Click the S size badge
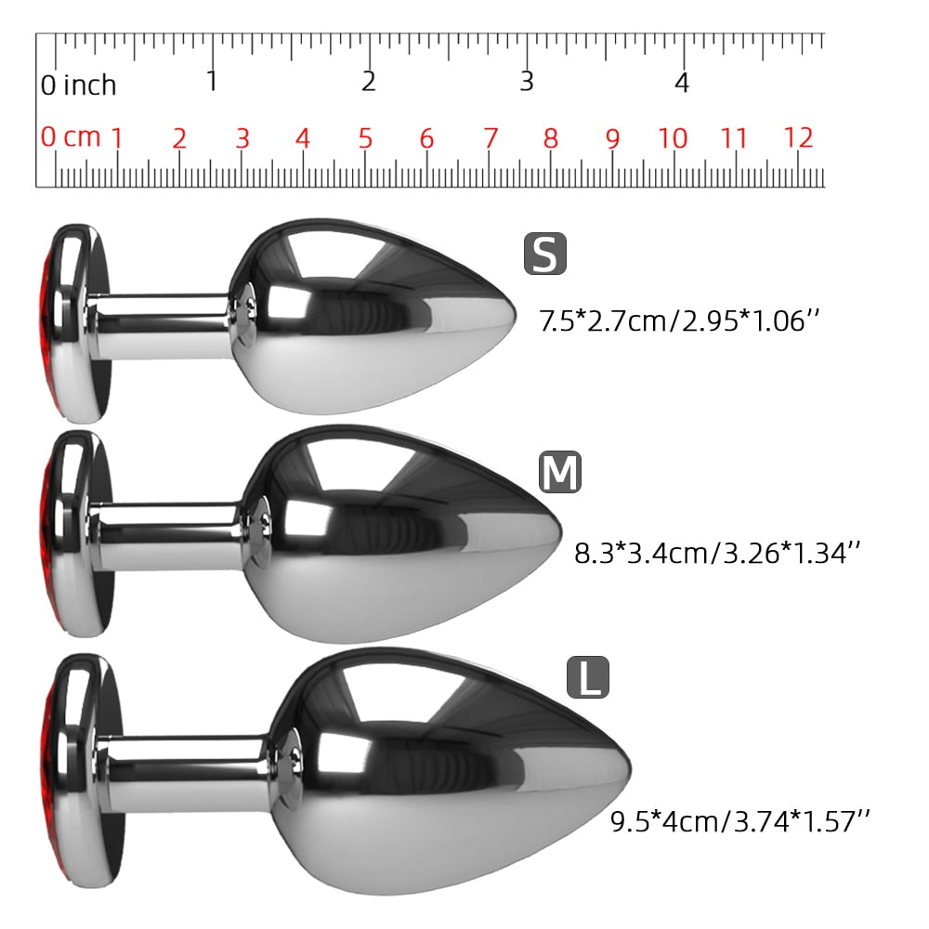coord(545,254)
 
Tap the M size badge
coord(560,472)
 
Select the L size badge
coord(588,677)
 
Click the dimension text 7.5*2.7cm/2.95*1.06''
coord(679,321)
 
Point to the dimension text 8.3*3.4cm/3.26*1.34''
coord(717,553)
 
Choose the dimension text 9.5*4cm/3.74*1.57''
coord(740,821)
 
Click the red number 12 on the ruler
coord(798,138)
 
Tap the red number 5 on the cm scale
coord(365,138)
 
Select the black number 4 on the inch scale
coord(682,83)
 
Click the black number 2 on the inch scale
coord(369,82)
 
